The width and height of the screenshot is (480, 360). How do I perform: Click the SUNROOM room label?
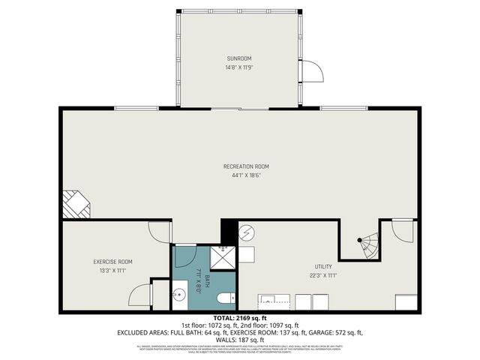coord(240,58)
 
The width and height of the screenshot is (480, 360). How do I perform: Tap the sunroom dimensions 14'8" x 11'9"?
coord(240,67)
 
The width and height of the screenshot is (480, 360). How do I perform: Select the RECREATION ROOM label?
coord(246,166)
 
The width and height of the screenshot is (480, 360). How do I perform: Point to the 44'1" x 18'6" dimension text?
coord(246,175)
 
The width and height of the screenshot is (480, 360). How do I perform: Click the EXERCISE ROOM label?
coord(112,262)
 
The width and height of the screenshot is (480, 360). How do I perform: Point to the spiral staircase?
coord(367,246)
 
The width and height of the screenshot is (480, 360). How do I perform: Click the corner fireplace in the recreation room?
coord(75,204)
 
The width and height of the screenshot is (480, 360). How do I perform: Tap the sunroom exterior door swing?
coord(310,72)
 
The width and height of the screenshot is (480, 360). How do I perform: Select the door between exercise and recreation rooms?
coord(160,232)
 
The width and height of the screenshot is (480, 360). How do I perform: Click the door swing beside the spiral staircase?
coord(403,230)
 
